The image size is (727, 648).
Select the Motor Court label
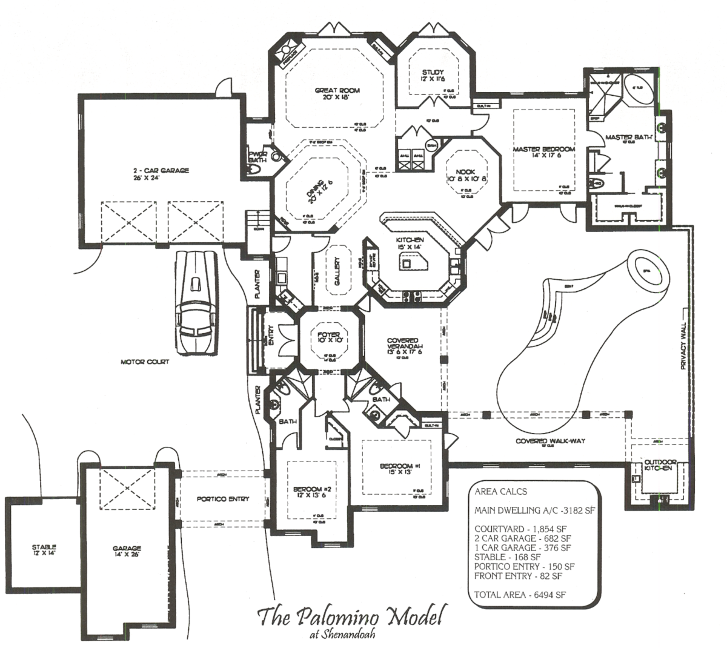click(145, 362)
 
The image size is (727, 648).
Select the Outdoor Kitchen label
click(657, 465)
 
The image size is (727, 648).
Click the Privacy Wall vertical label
click(683, 346)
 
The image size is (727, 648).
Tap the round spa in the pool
click(645, 269)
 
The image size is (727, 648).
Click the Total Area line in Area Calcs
click(520, 595)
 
